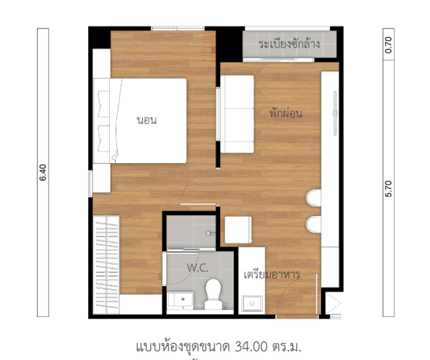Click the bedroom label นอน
147,120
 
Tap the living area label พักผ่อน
286,113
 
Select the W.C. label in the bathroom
197,268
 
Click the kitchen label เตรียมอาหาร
272,274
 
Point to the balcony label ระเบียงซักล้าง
289,44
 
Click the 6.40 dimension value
43,173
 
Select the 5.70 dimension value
389,189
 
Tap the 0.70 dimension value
389,45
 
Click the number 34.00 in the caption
251,347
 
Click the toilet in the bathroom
213,294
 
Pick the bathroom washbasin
180,299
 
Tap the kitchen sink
252,303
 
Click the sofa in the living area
237,114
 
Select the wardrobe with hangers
106,264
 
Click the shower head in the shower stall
210,233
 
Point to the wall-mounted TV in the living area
335,113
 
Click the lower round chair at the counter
314,225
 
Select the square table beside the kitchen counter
238,230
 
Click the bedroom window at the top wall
177,28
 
